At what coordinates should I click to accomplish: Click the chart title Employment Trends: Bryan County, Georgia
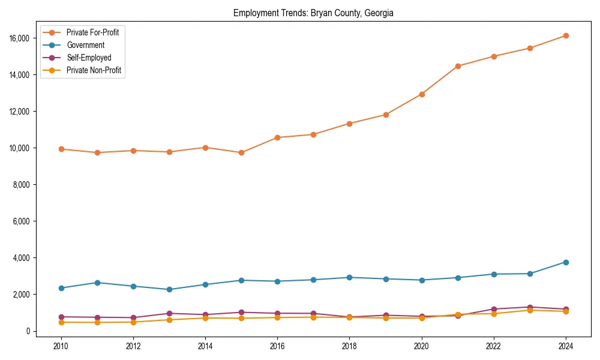313,13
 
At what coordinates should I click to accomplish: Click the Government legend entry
85,45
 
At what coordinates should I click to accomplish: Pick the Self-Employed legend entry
89,58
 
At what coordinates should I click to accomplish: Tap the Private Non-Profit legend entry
94,70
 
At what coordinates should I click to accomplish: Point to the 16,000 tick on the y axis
20,38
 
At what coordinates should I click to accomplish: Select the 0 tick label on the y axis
28,331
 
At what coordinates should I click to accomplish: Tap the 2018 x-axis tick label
349,346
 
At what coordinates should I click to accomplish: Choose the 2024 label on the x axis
565,346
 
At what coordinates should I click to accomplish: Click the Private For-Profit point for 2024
565,36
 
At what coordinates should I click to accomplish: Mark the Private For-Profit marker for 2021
457,66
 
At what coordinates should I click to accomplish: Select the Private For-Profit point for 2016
277,137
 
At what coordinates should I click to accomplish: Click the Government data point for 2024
565,262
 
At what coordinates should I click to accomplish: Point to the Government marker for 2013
169,289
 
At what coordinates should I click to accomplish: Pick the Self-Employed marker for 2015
241,312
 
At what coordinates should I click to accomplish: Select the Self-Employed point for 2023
529,307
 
